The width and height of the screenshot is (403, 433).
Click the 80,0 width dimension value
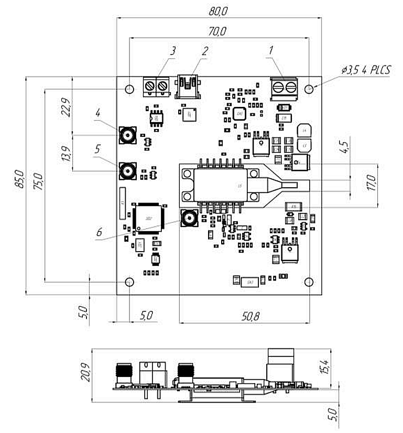[218, 10]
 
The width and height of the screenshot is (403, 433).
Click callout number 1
[271, 51]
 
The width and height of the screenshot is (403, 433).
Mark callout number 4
[98, 113]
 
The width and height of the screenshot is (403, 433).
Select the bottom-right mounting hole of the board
[309, 282]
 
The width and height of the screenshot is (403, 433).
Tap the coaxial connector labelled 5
[127, 170]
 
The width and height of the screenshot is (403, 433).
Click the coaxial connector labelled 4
[127, 135]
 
